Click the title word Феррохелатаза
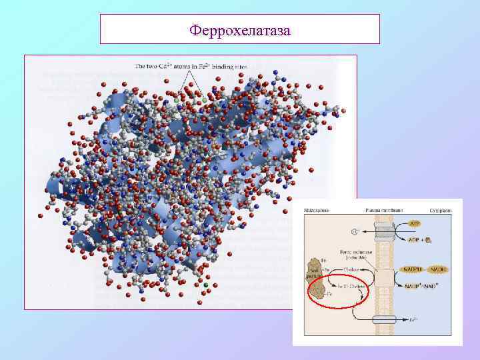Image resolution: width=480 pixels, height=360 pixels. click(x=239, y=31)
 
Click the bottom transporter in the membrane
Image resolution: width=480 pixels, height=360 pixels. click(x=384, y=319)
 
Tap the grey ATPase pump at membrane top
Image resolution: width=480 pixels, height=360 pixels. click(x=384, y=233)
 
